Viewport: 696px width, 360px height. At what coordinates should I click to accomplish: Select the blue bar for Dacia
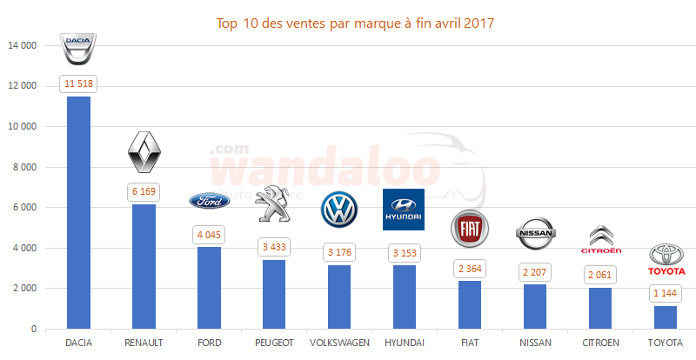point(79,212)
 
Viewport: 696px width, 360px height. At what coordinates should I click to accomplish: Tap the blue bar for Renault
point(144,266)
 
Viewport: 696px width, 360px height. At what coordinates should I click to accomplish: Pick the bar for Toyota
point(666,317)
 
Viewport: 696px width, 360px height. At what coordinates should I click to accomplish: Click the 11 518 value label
point(79,83)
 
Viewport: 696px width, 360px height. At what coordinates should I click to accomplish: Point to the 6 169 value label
point(144,191)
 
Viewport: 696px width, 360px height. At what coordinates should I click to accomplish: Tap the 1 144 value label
point(666,293)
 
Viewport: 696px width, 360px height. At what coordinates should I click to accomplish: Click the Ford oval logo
point(210,201)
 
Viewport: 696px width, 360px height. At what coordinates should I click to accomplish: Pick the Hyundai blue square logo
point(404,210)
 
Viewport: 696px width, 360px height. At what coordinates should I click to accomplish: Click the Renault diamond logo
point(144,153)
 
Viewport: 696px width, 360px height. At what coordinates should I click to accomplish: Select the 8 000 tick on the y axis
point(25,167)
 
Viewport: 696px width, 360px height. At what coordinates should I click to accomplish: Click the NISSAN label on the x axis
point(535,343)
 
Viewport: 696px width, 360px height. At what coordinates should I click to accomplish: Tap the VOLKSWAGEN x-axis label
point(339,343)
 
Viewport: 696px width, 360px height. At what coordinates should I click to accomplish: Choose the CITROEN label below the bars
point(600,343)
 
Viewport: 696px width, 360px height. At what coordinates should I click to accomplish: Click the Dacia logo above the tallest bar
point(79,50)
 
